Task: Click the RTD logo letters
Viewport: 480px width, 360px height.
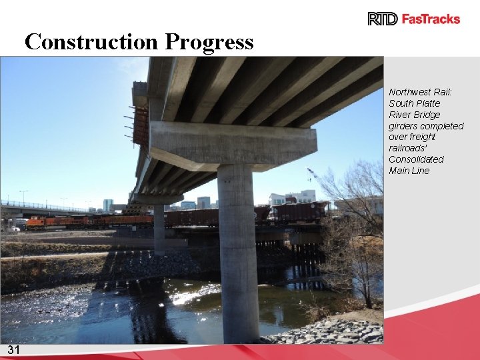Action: click(383, 19)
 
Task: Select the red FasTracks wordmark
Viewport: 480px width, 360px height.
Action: click(431, 19)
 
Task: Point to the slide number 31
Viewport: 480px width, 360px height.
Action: click(14, 351)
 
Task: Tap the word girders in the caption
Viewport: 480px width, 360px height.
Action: click(403, 126)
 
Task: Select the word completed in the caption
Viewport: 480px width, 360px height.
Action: click(441, 126)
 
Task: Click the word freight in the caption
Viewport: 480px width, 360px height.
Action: click(422, 137)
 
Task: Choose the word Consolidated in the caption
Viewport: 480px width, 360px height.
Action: click(416, 159)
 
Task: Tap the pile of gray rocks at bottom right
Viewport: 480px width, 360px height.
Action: click(333, 331)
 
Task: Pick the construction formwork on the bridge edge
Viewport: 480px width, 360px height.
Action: click(140, 120)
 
